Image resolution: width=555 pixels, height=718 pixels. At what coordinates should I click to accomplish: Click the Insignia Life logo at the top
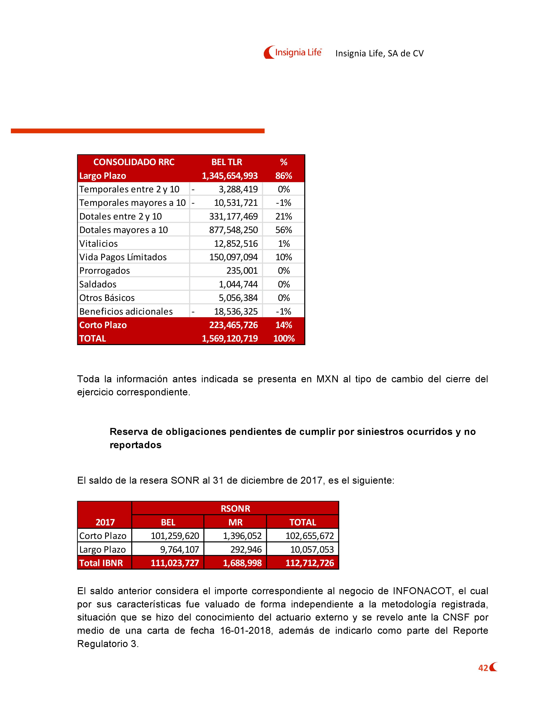293,52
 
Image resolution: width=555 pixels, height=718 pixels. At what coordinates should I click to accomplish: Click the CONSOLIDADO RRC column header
134,162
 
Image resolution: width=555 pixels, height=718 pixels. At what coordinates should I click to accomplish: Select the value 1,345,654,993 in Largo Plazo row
229,176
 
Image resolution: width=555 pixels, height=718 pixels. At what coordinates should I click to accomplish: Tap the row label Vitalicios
98,244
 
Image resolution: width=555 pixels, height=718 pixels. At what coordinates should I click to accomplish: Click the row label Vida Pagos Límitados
123,257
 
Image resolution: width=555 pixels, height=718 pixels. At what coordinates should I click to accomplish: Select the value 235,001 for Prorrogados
242,271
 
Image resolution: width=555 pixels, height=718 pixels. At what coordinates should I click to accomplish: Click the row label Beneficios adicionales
126,312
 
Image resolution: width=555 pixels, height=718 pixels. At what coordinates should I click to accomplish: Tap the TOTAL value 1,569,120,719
229,339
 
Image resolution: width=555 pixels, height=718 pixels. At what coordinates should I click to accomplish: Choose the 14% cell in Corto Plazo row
283,325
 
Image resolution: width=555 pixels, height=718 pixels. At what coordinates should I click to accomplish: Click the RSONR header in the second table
235,509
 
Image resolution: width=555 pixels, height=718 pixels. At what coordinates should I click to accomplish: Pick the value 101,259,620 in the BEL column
175,536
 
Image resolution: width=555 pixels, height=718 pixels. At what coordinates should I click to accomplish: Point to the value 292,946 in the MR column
246,549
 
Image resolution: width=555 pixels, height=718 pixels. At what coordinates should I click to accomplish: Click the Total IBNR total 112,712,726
309,563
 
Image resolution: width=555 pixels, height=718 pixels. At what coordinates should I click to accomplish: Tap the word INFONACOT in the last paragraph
422,591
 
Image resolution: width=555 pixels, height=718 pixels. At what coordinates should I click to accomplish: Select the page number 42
483,668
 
